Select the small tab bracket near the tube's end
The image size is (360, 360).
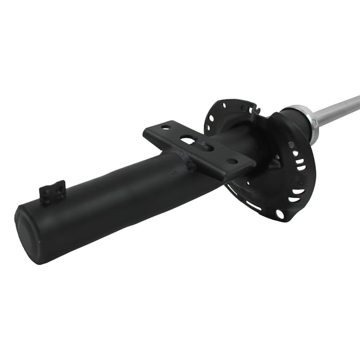point(53,192)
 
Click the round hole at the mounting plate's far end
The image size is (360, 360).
point(232,161)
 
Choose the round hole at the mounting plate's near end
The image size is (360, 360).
point(165,128)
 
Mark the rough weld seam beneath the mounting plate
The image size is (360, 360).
point(186,163)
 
